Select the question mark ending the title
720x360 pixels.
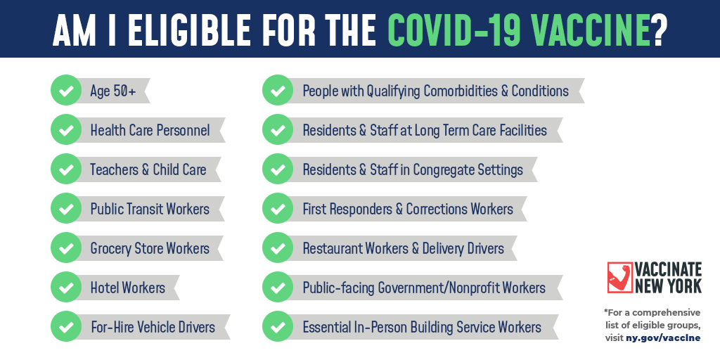(x=659, y=30)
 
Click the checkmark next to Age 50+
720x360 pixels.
(x=65, y=91)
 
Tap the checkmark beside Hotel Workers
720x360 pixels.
(x=65, y=288)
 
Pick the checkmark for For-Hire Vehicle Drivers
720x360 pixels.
(x=65, y=327)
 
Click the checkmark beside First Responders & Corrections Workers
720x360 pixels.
(x=277, y=209)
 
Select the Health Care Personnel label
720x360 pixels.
(x=150, y=130)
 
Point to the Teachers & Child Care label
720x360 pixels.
(x=148, y=169)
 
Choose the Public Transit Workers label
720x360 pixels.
(x=150, y=209)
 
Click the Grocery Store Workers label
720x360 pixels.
(x=150, y=248)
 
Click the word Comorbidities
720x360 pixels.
(x=460, y=91)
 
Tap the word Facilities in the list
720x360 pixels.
(x=524, y=130)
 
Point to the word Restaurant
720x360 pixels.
(x=333, y=248)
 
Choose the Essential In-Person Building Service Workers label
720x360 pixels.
(x=422, y=327)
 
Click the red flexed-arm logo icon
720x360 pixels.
(x=620, y=277)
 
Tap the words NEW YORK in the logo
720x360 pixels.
(x=669, y=285)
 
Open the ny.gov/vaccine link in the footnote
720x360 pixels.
(x=664, y=338)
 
